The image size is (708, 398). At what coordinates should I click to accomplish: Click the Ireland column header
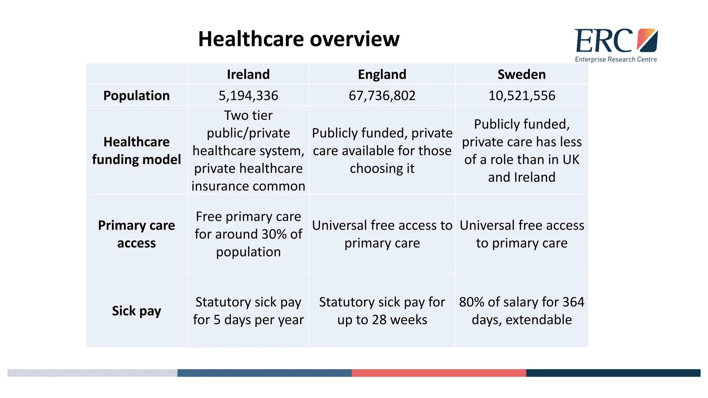248,74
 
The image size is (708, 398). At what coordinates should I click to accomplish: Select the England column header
382,74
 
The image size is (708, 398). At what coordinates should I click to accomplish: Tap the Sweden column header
521,74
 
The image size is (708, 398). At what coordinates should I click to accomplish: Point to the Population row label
137,95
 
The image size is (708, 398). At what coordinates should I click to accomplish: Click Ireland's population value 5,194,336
248,95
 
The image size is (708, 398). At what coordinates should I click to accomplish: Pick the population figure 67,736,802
382,95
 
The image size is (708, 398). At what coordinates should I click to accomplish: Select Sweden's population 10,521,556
521,95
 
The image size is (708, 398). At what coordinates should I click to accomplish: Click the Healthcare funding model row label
137,151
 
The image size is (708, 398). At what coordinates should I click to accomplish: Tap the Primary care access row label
137,234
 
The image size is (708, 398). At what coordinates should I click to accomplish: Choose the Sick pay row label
137,311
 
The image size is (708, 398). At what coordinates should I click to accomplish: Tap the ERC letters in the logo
603,41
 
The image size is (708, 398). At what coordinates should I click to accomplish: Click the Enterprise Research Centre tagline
616,59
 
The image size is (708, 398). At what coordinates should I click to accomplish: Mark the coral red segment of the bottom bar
439,373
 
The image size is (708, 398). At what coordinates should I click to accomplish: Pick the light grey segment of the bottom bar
92,373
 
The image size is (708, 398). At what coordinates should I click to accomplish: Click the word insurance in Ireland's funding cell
219,186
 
